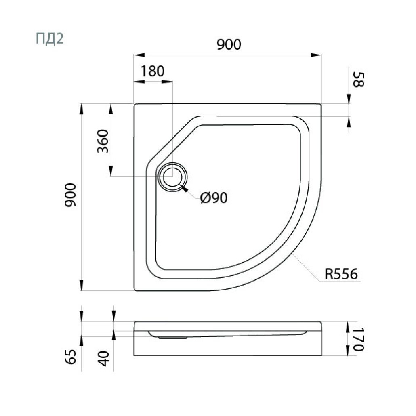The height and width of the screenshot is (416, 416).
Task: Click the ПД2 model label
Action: [50, 39]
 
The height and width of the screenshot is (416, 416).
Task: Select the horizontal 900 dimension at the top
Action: [229, 44]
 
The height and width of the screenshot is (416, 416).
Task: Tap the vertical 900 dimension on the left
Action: [71, 195]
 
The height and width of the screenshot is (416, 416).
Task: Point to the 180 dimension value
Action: [152, 71]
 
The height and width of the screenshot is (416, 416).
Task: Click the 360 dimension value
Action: [103, 141]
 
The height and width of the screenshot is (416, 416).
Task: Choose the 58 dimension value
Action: [358, 79]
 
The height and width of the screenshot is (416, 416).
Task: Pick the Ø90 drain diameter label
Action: [214, 197]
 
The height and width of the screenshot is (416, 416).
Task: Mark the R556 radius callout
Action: [341, 274]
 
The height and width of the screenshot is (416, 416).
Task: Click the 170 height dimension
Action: [358, 339]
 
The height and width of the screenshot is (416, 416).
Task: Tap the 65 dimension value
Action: [71, 357]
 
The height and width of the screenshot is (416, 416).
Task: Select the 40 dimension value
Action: [103, 358]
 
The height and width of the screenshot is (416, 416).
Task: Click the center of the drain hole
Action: [172, 176]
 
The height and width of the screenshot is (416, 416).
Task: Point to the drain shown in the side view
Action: [172, 338]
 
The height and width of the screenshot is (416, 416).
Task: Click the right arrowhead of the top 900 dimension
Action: [316, 55]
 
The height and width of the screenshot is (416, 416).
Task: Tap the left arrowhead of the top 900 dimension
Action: [139, 55]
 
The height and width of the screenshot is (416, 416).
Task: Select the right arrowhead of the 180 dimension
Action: [167, 82]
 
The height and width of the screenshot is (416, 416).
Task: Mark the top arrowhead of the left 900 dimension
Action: [82, 109]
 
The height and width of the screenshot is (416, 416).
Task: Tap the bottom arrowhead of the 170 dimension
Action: [348, 350]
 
